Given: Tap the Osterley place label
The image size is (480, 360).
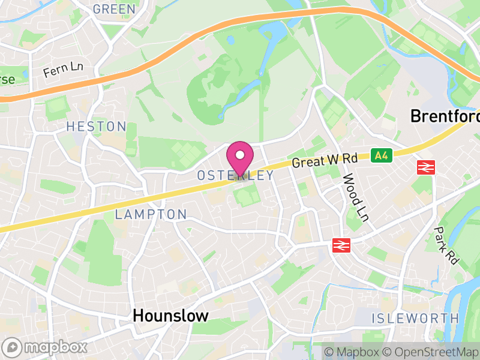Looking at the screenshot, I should tap(235, 176).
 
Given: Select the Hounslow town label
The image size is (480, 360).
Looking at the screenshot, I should tap(170, 316).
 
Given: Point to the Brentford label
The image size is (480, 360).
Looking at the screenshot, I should tap(445, 116).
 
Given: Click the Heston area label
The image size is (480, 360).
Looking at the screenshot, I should tap(96, 127).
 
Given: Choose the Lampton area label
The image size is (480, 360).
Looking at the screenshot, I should tap(151, 214).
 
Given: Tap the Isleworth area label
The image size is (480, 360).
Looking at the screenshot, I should tap(415, 318).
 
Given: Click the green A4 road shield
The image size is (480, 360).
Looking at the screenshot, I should tap(380, 155).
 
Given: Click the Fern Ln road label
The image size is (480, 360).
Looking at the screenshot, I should tap(63, 70).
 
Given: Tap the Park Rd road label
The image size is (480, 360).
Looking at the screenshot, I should tap(446, 245).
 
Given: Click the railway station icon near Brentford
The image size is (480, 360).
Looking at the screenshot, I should tap(425, 167).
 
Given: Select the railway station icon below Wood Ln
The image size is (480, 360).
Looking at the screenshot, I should tap(341, 245).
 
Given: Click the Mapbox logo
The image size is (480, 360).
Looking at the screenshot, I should tap(45, 347).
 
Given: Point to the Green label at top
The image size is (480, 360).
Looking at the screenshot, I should tap(114, 9).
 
